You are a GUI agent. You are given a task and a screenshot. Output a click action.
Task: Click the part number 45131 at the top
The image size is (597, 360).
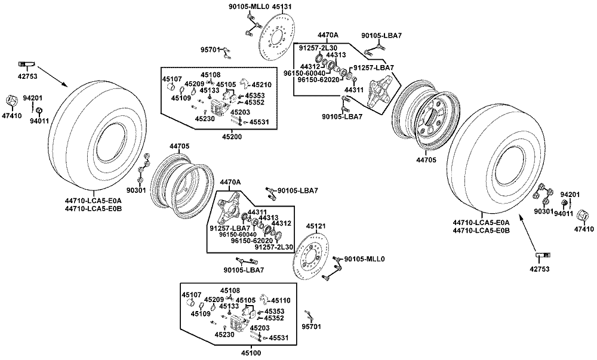[282, 7]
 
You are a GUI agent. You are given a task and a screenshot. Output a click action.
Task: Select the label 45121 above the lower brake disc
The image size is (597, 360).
[316, 226]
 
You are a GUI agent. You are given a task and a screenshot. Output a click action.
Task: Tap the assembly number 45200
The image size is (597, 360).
[232, 137]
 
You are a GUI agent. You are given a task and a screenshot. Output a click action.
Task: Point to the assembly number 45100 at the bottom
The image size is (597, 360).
[251, 353]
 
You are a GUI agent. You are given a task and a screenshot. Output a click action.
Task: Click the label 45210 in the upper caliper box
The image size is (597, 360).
[262, 85]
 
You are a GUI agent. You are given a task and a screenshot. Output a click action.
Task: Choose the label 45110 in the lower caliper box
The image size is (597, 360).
[281, 301]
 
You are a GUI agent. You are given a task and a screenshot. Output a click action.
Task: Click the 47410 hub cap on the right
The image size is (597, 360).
[583, 216]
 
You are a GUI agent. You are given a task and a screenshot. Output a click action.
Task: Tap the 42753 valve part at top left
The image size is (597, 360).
[27, 63]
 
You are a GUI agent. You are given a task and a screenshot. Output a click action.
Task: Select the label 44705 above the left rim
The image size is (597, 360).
[179, 146]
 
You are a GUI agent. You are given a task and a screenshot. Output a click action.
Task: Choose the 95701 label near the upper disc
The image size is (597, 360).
[210, 50]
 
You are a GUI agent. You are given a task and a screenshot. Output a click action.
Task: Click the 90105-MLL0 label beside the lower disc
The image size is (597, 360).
[364, 259]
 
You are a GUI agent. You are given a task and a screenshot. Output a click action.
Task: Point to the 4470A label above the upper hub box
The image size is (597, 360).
[328, 35]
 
